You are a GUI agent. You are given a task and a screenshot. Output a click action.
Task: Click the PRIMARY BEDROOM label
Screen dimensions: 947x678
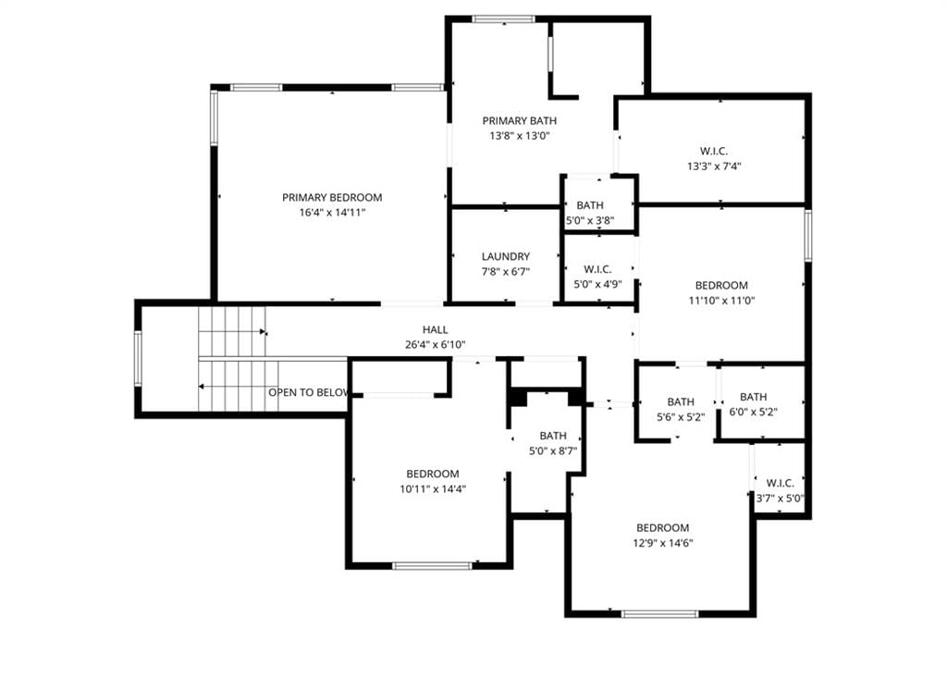click(x=332, y=198)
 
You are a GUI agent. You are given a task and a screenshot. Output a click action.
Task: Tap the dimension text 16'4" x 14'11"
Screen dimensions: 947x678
click(x=333, y=213)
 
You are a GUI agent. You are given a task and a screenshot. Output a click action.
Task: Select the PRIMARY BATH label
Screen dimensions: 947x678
click(x=520, y=121)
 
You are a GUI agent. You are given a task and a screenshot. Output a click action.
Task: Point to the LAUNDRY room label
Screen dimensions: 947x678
click(x=506, y=257)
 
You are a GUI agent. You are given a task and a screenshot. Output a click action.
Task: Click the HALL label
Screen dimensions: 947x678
click(x=435, y=330)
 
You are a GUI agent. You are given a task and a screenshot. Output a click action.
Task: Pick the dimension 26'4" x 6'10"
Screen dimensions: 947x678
click(x=436, y=345)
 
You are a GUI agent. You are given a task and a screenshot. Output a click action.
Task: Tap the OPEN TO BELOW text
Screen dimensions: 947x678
click(x=309, y=393)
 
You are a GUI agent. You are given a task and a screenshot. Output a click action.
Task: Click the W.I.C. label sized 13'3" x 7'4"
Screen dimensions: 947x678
click(x=714, y=151)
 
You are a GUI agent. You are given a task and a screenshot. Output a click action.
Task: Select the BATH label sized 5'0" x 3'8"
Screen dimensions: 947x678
click(x=590, y=205)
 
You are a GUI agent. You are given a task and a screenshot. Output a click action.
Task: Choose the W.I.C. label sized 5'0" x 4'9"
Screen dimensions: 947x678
click(x=598, y=269)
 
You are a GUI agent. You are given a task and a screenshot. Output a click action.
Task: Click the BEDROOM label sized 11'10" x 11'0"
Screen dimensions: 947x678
click(x=721, y=285)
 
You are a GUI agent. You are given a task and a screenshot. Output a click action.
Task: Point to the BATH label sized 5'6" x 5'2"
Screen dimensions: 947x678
click(x=681, y=401)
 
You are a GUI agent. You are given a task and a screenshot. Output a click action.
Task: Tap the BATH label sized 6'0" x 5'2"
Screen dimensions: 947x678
click(x=754, y=397)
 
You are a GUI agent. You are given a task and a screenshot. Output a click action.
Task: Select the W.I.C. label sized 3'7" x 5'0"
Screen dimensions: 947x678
click(x=781, y=484)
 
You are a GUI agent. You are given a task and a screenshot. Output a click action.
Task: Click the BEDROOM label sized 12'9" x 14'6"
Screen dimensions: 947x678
click(x=662, y=527)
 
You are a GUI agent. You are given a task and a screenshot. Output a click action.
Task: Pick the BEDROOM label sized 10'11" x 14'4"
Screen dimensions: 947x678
click(x=433, y=474)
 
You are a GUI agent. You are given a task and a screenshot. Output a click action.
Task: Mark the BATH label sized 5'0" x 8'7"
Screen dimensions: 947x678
click(x=553, y=436)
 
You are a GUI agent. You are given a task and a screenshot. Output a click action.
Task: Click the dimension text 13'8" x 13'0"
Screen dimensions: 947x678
click(x=520, y=136)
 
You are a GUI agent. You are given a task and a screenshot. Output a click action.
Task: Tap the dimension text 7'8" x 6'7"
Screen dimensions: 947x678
click(x=506, y=272)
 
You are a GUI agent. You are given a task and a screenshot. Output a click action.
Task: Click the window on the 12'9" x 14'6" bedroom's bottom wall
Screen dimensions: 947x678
click(x=660, y=614)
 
